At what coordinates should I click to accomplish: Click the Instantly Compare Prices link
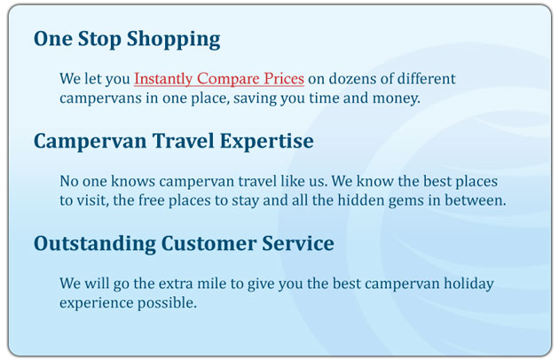coord(219,79)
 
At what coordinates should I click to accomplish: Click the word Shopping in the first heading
coord(174,40)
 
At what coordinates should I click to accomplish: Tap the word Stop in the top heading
coord(99,40)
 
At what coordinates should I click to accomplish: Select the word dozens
coord(351,79)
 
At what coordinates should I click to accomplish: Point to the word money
coord(397,98)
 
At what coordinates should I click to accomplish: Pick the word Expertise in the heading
coord(267,142)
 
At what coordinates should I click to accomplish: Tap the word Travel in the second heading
coord(184,141)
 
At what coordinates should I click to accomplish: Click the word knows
coord(133,181)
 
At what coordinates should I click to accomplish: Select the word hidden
coord(361,200)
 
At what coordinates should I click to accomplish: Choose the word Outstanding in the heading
coord(95,244)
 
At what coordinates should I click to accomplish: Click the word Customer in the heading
coord(209,244)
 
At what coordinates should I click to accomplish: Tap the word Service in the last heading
coord(298,244)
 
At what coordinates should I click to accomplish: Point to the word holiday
coord(468,285)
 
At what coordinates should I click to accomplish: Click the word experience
coord(96,303)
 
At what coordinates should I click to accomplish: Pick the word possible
coord(167,303)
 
